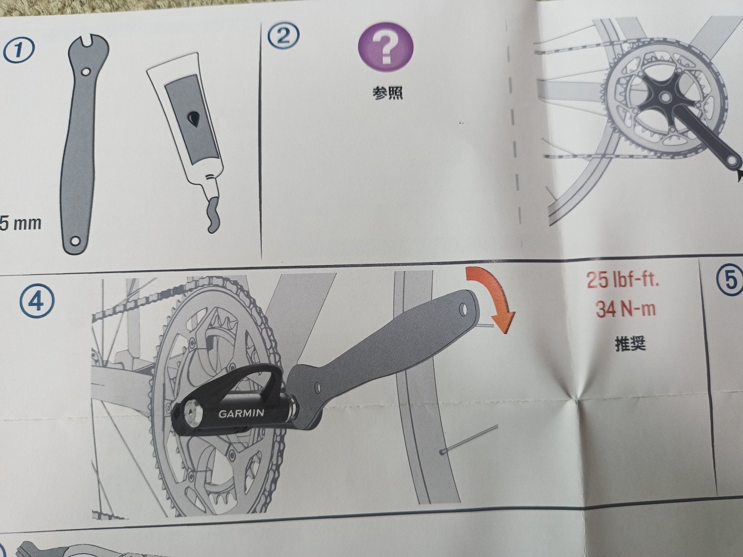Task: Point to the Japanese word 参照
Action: click(x=387, y=94)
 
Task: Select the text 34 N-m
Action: click(x=625, y=309)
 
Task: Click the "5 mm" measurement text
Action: click(x=20, y=224)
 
